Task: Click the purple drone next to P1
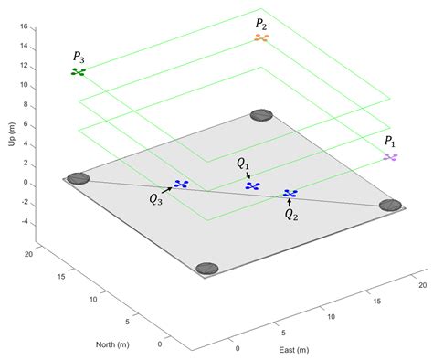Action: pos(391,157)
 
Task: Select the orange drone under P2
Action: pos(262,38)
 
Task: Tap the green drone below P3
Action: pos(79,71)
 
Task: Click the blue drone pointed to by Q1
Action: pos(253,185)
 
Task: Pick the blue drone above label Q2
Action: pos(290,194)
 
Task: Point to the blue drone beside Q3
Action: pos(181,185)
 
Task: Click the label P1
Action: pos(390,142)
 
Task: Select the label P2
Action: pos(262,22)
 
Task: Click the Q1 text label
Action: pos(242,164)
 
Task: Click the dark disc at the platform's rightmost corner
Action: pos(391,206)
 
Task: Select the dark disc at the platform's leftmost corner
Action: pos(79,178)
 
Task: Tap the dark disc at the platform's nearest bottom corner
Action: pos(208,269)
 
